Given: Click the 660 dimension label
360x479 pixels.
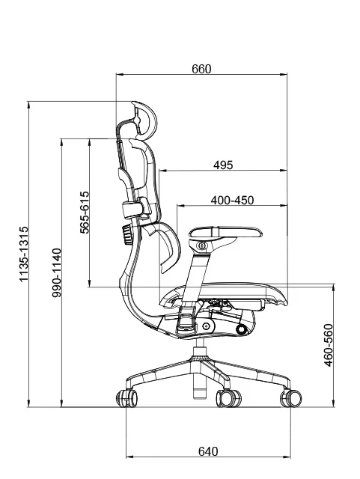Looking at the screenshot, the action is coord(201,69).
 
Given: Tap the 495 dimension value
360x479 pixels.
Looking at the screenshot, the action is coord(223,165).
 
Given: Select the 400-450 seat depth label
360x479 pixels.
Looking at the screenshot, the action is coord(232,201).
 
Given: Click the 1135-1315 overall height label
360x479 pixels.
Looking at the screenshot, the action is coord(24,254).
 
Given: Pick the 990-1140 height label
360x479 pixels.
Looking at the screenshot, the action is coord(57,272).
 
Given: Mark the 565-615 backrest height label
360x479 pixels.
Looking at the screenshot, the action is coord(85,213).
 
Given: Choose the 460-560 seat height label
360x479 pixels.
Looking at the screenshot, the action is coord(329,345).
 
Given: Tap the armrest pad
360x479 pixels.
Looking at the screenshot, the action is coord(225,232).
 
